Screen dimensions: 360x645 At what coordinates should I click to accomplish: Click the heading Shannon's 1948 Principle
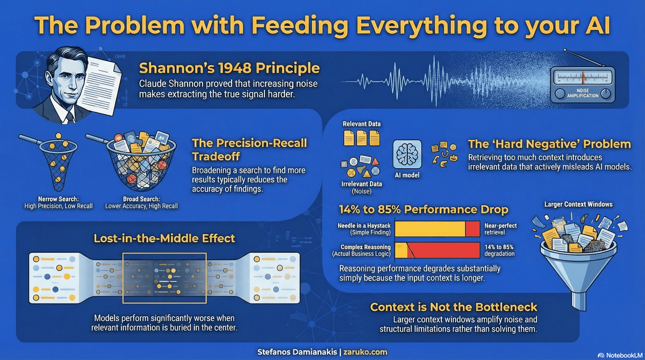point(230,69)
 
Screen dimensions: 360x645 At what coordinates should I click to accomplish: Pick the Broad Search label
point(141,201)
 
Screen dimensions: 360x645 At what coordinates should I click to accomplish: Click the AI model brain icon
point(407,156)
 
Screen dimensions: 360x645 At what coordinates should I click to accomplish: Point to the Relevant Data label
point(362,124)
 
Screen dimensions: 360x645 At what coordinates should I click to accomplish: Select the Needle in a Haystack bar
point(437,229)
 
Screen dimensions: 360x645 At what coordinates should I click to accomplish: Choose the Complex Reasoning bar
point(437,250)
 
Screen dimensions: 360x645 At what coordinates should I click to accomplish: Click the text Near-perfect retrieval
point(500,229)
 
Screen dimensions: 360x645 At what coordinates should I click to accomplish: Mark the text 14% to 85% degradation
point(500,250)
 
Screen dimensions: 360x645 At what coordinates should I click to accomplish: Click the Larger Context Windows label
point(578,204)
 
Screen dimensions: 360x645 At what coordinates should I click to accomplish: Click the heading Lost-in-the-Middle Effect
point(164,237)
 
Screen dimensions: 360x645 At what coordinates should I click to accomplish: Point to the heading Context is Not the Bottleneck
point(454,307)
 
